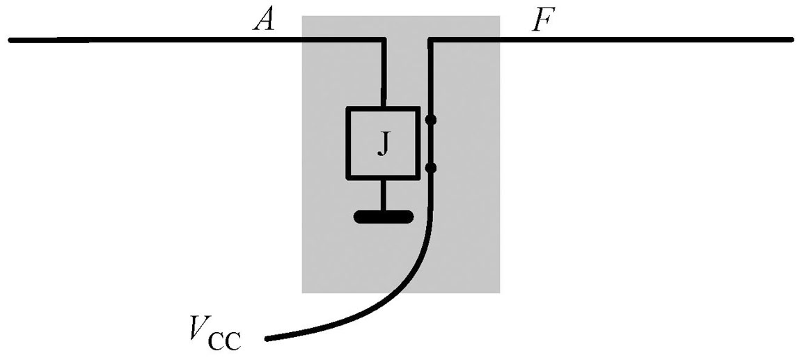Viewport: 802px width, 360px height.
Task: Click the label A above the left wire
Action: (x=265, y=22)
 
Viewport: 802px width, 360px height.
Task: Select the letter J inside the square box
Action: (x=382, y=143)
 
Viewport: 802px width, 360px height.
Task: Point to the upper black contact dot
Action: (x=431, y=120)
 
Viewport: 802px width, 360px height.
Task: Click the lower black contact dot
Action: (x=431, y=167)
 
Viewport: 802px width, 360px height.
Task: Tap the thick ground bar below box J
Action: (x=384, y=217)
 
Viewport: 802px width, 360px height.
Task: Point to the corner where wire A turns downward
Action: (x=383, y=40)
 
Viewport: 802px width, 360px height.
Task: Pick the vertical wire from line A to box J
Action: (x=383, y=73)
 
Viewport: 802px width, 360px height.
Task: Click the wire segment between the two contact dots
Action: (x=431, y=143)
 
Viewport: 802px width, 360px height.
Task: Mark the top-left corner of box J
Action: (x=348, y=109)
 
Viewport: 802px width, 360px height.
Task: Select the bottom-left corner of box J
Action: (x=348, y=178)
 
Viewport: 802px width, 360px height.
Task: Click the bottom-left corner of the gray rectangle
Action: (x=302, y=292)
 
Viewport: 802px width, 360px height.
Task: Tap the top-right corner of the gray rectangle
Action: (x=499, y=16)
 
